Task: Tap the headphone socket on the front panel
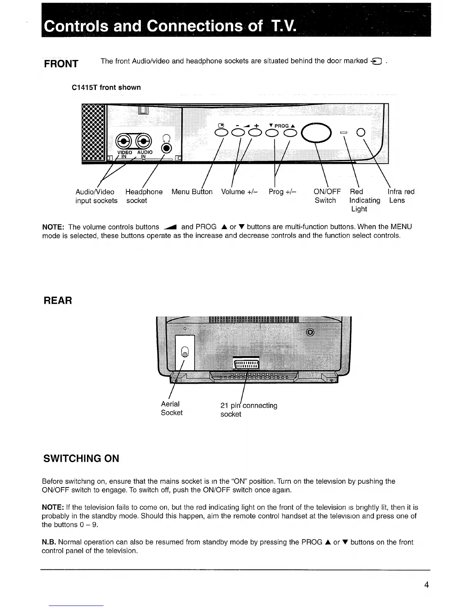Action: pyautogui.click(x=166, y=148)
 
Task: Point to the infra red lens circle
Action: pyautogui.click(x=361, y=132)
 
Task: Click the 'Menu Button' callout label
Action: pyautogui.click(x=192, y=191)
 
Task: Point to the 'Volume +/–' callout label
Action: pyautogui.click(x=239, y=191)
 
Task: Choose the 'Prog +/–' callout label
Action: pyautogui.click(x=282, y=191)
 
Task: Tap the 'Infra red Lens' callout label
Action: pyautogui.click(x=401, y=196)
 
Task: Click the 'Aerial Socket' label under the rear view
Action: pyautogui.click(x=171, y=408)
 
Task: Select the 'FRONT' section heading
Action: pyautogui.click(x=61, y=63)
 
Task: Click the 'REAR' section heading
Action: pyautogui.click(x=58, y=301)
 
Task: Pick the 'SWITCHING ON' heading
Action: pyautogui.click(x=81, y=458)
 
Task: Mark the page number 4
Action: pyautogui.click(x=426, y=585)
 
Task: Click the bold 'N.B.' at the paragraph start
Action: pyautogui.click(x=49, y=542)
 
